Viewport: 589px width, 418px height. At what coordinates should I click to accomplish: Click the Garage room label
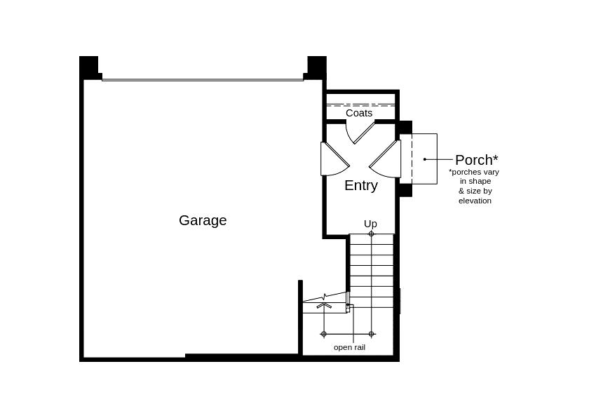pos(203,220)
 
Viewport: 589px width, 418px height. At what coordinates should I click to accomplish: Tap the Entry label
pos(361,186)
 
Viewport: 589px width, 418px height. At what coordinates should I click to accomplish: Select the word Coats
pos(359,113)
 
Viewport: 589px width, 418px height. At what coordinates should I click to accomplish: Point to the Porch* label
pos(477,160)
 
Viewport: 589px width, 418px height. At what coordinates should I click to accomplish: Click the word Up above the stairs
pos(370,224)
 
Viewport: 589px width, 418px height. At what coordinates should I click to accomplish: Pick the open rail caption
pos(349,347)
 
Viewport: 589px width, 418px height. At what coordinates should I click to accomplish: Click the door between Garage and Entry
pos(335,159)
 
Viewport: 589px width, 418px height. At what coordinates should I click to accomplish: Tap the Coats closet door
pos(360,132)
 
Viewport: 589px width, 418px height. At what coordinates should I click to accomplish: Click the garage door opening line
pos(203,80)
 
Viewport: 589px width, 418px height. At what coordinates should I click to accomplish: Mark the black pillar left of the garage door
pos(89,67)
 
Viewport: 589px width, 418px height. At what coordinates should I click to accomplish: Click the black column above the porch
pos(405,128)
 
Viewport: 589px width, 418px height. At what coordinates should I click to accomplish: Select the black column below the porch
pos(405,190)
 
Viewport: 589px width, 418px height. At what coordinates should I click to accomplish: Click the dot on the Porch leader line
pos(425,159)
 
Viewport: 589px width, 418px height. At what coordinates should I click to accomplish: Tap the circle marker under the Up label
pos(371,234)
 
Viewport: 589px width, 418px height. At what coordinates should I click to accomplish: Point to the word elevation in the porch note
pos(475,201)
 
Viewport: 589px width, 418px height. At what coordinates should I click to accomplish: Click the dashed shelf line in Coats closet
pos(360,105)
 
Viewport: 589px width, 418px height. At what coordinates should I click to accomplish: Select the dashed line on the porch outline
pos(412,159)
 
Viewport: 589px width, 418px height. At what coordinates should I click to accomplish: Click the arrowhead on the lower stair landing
pos(324,305)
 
